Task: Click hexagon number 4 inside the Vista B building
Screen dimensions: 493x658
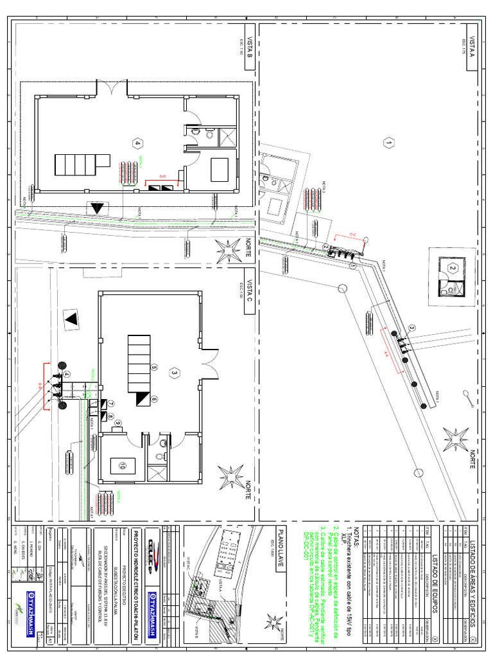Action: (136, 143)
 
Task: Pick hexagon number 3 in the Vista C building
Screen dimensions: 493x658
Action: (173, 372)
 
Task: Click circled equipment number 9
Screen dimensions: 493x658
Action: (119, 422)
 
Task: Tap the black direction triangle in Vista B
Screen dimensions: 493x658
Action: (97, 208)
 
